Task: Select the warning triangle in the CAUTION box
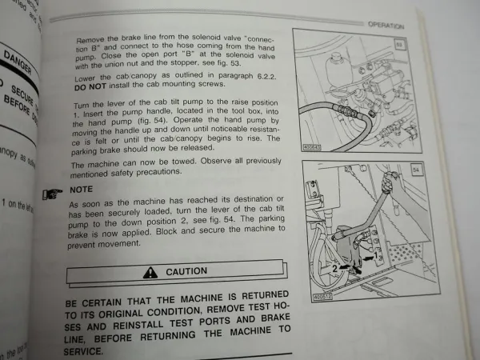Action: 149,273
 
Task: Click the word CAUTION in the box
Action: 186,273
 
